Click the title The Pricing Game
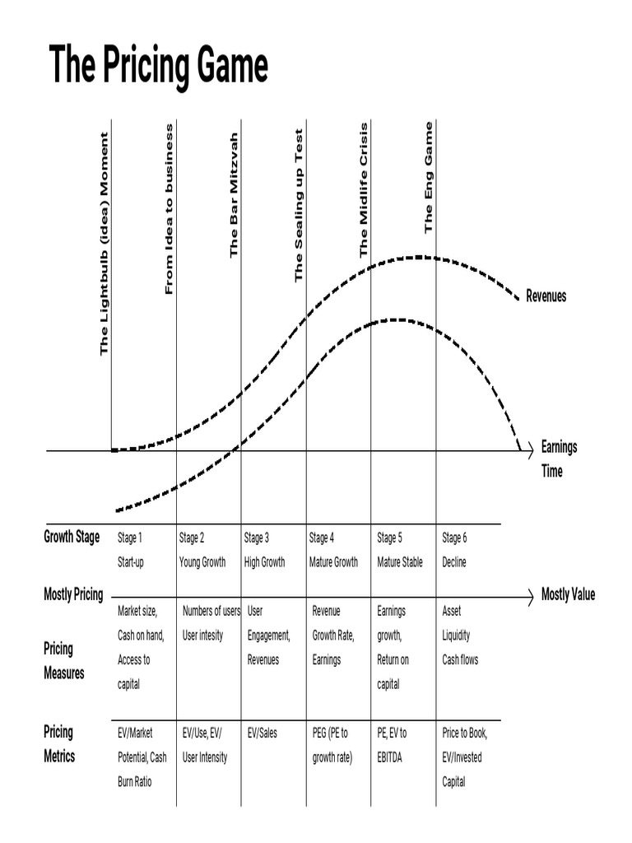click(159, 66)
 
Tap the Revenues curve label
click(546, 296)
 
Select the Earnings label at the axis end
click(559, 447)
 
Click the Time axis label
click(551, 472)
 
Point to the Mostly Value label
click(568, 594)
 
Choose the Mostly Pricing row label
click(73, 594)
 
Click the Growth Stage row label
click(72, 538)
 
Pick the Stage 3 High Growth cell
click(264, 550)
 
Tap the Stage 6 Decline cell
click(454, 550)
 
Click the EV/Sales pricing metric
click(263, 733)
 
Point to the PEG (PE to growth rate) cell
click(332, 744)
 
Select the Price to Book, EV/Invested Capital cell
click(466, 757)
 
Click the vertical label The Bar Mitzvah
click(234, 194)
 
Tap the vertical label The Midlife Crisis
click(364, 191)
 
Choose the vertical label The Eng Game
click(428, 178)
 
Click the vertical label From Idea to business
click(170, 209)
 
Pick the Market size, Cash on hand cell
click(141, 647)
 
